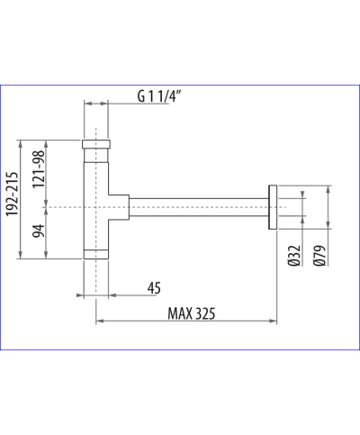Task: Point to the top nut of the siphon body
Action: pos(96,144)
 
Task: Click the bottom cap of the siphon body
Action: pos(96,253)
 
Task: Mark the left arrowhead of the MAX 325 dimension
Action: pos(99,321)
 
